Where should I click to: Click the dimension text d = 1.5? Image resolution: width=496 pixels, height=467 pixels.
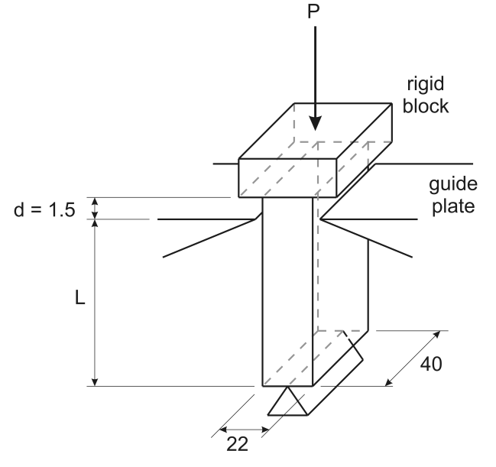tap(44, 209)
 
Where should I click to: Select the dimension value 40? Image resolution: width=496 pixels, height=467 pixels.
tap(429, 365)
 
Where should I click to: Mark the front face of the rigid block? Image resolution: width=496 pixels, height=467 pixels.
tap(289, 177)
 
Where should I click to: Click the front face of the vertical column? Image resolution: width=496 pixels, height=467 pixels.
tap(287, 290)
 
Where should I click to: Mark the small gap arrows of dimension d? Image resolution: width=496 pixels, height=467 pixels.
tap(95, 208)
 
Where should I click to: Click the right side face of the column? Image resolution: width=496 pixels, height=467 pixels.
tap(342, 290)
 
